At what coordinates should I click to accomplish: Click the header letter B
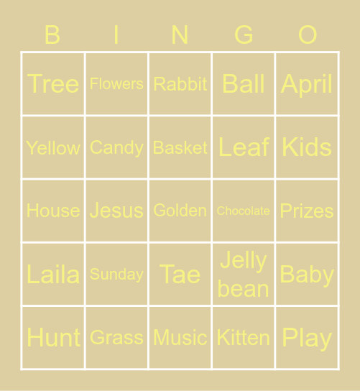(52, 34)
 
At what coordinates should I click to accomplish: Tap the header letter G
(244, 34)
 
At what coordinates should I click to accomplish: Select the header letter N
(180, 34)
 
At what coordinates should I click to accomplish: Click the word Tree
(53, 84)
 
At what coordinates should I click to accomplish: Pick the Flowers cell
(116, 84)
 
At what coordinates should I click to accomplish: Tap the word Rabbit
(180, 84)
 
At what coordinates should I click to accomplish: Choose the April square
(307, 84)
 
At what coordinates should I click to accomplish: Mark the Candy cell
(116, 147)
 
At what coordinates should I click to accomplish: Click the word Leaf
(244, 147)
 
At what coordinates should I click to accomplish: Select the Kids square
(307, 147)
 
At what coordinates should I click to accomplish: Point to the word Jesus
(116, 211)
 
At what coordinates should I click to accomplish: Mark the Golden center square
(180, 211)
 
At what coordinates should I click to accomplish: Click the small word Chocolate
(244, 211)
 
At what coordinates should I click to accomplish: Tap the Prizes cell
(307, 211)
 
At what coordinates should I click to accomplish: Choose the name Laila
(53, 274)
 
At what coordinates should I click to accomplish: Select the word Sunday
(116, 274)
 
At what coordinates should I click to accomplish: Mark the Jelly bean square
(244, 274)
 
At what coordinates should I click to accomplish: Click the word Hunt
(53, 337)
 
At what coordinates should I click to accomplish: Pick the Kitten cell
(244, 337)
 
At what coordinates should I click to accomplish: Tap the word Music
(180, 337)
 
